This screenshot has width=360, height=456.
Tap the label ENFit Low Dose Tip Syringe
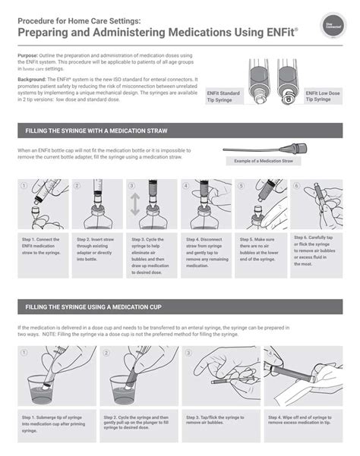(x=323, y=96)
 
